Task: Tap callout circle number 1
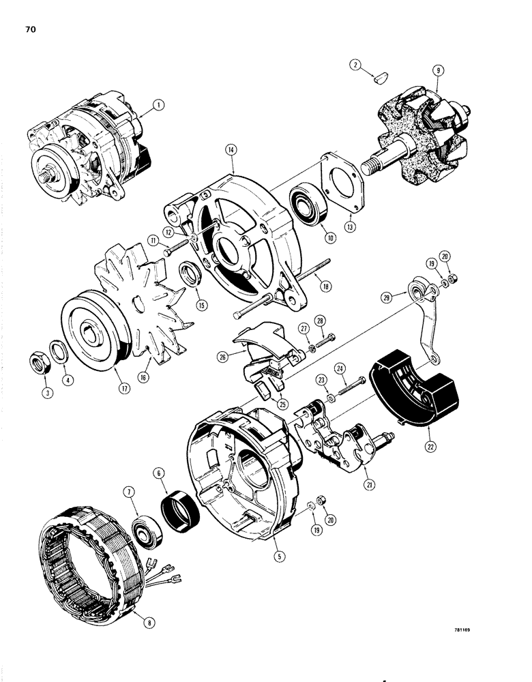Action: pos(158,105)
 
